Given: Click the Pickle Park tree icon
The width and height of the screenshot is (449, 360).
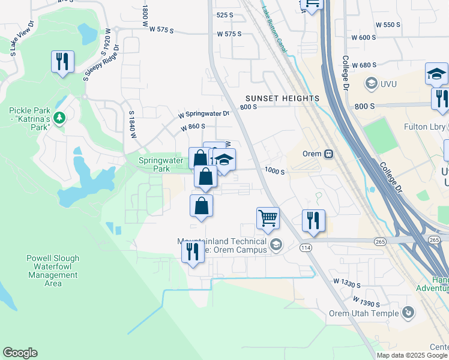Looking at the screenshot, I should coord(59,118).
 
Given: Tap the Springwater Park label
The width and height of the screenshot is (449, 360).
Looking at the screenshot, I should coord(154,164).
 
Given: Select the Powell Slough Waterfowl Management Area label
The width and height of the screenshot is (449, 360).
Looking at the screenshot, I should coord(53,271).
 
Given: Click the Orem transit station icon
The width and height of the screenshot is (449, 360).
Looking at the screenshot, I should coord(328,154).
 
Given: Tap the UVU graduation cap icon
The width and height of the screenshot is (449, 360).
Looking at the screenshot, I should coord(370,83).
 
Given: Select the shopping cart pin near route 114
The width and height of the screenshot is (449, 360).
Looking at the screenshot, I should coord(268,218).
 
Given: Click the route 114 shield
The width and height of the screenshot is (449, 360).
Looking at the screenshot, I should coord(306,247).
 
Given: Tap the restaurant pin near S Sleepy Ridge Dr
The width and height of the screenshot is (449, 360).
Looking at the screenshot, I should coord(62,62).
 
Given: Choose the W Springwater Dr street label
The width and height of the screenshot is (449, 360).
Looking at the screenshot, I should coord(203,113).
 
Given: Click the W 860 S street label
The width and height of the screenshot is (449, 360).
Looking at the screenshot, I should coord(193,127).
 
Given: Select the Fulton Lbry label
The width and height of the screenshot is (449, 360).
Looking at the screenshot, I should coord(425,126).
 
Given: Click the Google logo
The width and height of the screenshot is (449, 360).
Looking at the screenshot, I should coord(20,353).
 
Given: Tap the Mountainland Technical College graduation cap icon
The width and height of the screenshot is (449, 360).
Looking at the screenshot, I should coord(276,244).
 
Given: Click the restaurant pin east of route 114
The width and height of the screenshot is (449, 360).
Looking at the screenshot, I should coord(313,220).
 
